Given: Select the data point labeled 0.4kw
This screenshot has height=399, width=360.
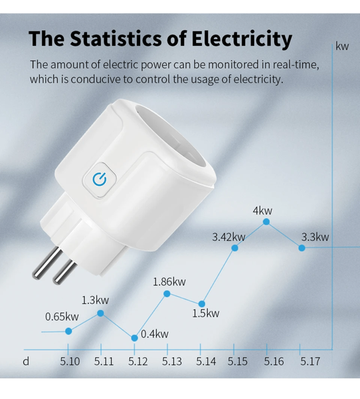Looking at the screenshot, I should tap(134, 337).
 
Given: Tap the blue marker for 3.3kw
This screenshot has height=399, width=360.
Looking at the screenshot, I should tap(302, 247).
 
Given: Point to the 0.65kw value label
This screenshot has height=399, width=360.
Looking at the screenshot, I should tap(62, 317).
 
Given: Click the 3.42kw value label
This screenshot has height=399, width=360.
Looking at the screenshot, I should tap(228, 237).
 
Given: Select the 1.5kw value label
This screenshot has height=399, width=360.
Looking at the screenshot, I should tap(205, 314).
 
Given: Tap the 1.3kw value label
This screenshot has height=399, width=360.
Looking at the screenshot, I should tap(96, 300).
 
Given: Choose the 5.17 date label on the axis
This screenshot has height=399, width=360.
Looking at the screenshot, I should tap(310, 362).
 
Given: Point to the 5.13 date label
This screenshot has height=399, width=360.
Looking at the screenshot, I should tap(172, 362).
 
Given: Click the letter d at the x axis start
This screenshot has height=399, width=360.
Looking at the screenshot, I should tap(26, 362).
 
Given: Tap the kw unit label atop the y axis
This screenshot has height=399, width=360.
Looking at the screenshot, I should tap(343, 47).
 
